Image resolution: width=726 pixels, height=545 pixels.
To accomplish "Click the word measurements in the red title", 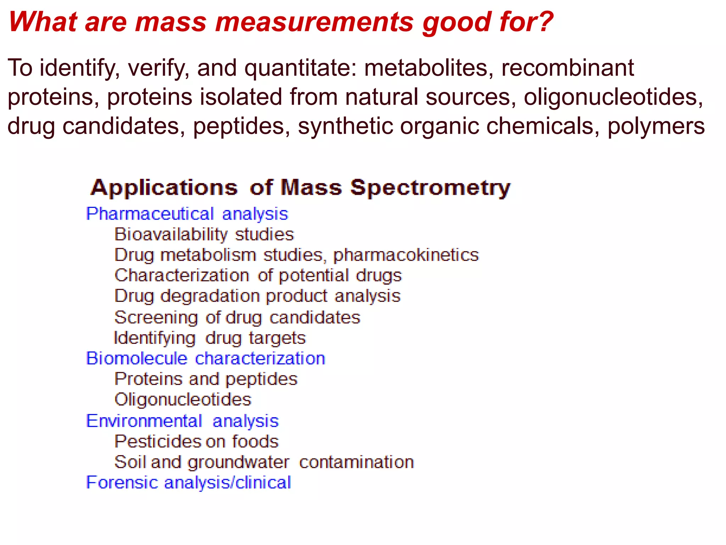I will (314, 22).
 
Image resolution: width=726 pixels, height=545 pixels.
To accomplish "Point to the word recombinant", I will (567, 68).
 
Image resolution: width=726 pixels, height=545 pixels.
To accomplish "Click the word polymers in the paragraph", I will (656, 127).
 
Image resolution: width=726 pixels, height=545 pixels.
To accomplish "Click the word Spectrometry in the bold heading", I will (430, 188).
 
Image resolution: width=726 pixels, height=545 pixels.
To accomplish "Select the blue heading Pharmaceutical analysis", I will (187, 214).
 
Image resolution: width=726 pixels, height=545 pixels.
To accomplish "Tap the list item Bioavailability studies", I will (204, 235).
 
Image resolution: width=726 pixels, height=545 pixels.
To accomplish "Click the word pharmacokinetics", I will (406, 255).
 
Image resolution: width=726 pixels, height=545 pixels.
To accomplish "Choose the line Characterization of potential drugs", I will (258, 276).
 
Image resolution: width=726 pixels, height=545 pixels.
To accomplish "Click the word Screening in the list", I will (156, 317).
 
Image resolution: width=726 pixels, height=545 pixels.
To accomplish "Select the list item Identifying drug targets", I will (210, 338).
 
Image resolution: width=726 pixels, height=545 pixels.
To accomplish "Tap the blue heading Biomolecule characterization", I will (206, 358).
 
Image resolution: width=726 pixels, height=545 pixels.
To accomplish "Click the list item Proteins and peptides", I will (206, 379).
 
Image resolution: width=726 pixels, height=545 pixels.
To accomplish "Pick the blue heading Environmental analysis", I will (182, 421).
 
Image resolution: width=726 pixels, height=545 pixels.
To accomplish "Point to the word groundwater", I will (238, 462).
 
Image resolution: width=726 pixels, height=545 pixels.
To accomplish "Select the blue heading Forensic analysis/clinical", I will (189, 483).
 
